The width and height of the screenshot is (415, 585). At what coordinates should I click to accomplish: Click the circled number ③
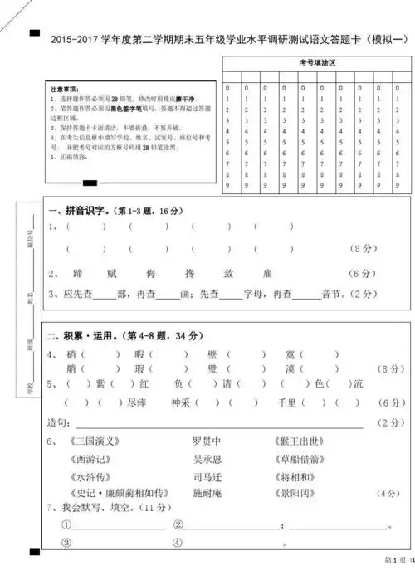pos(66,544)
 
